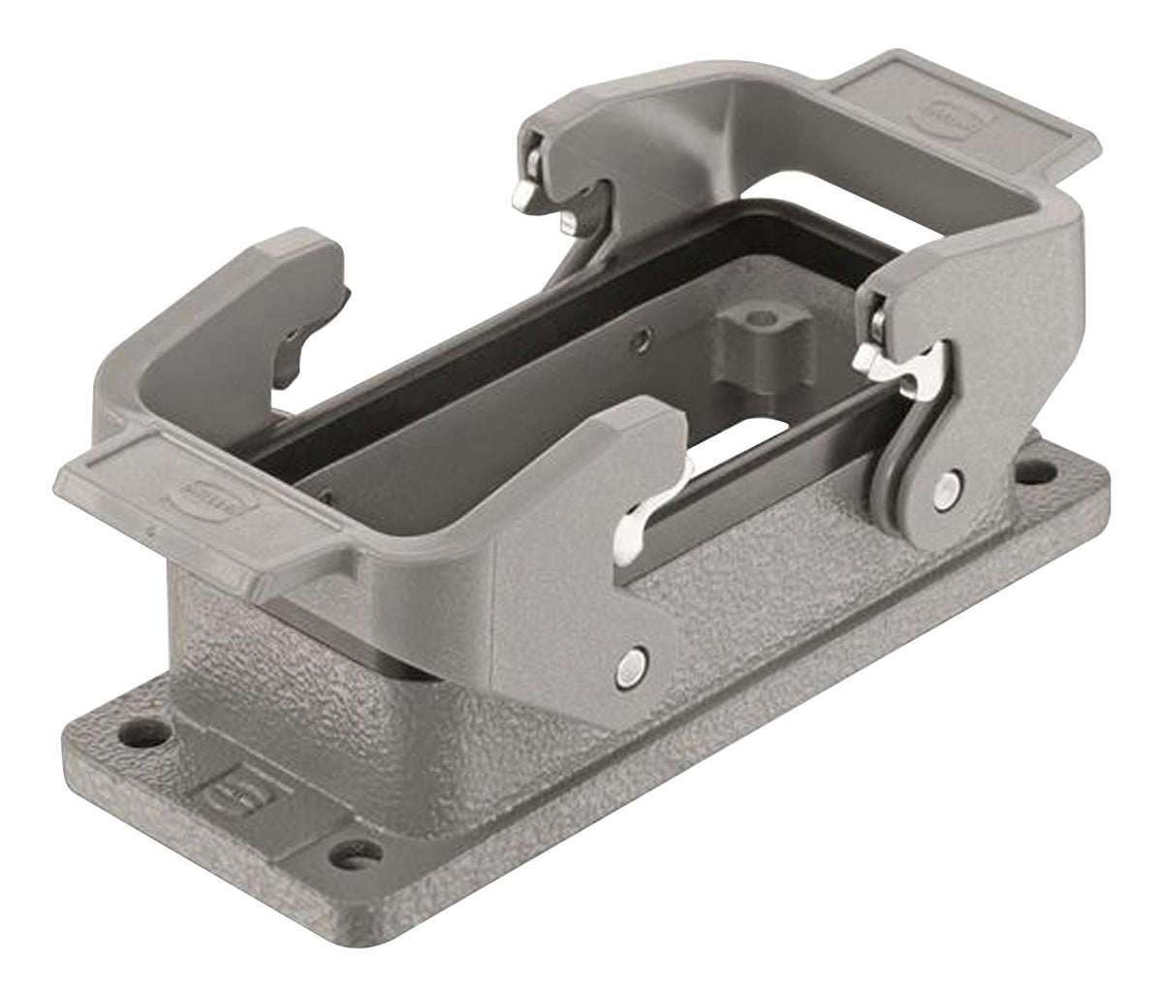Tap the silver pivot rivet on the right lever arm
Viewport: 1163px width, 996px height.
(946, 486)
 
